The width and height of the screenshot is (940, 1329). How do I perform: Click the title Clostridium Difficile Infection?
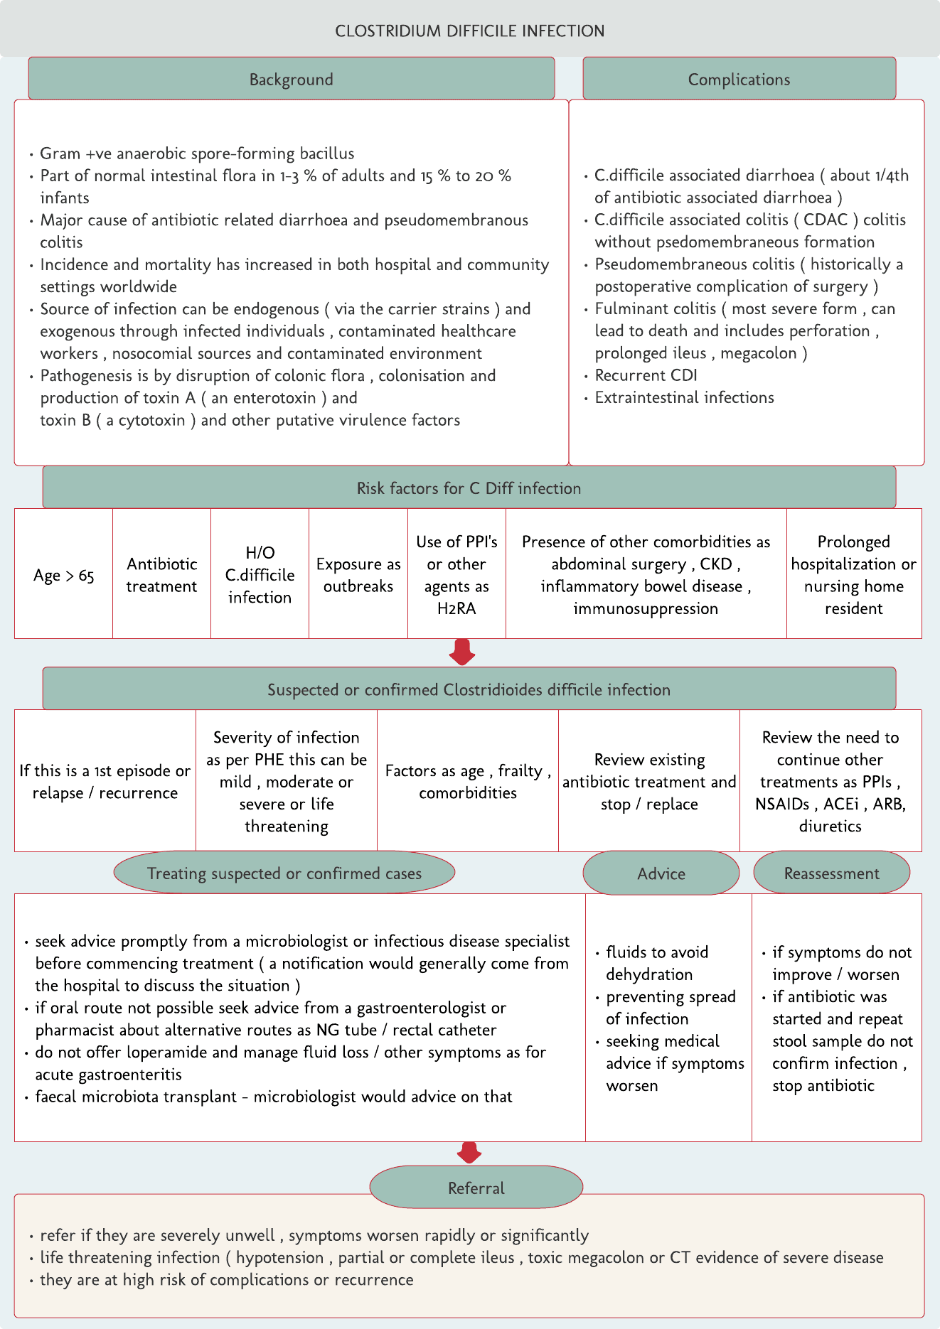[469, 31]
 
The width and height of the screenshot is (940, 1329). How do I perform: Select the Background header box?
[291, 79]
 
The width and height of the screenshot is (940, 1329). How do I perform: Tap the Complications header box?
[739, 79]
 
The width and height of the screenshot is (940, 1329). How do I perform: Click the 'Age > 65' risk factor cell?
[63, 575]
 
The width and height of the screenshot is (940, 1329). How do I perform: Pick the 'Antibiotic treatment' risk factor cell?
[161, 575]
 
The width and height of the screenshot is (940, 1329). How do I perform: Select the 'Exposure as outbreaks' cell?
[358, 575]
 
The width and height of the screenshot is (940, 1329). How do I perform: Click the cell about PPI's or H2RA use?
[456, 575]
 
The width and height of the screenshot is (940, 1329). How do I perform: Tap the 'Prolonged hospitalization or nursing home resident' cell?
[853, 575]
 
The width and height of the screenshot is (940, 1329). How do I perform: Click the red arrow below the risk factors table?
[462, 652]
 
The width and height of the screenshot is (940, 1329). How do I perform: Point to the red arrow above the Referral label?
[469, 1152]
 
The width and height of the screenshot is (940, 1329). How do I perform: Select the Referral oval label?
[476, 1188]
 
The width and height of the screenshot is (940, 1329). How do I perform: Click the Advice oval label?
[661, 873]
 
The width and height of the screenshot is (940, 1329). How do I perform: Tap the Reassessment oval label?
[831, 873]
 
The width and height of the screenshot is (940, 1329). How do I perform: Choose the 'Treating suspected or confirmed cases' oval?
[284, 873]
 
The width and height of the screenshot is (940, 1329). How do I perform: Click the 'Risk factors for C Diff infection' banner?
[469, 488]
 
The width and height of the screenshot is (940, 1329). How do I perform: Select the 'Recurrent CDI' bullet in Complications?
[646, 375]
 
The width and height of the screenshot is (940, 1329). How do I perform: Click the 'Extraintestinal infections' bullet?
[684, 397]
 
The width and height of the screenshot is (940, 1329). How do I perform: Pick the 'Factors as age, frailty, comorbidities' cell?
[467, 781]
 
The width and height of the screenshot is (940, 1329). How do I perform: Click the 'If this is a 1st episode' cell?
[105, 781]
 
